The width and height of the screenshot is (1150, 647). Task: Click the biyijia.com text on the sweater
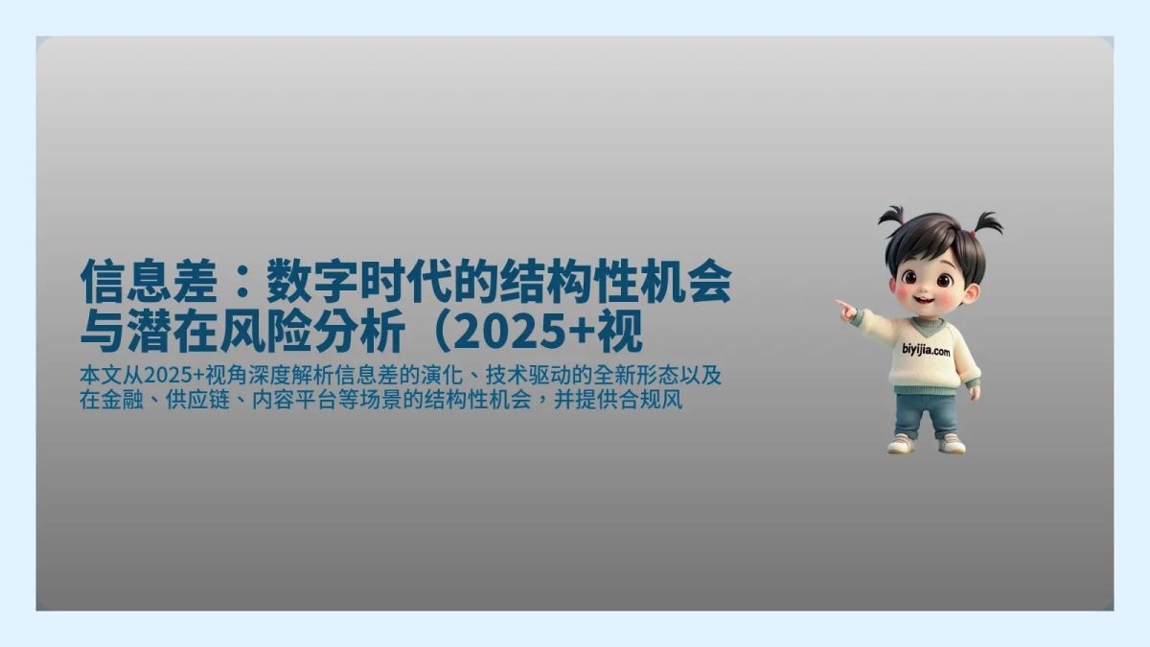[x=926, y=351]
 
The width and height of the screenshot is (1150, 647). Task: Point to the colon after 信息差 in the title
[x=243, y=284]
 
